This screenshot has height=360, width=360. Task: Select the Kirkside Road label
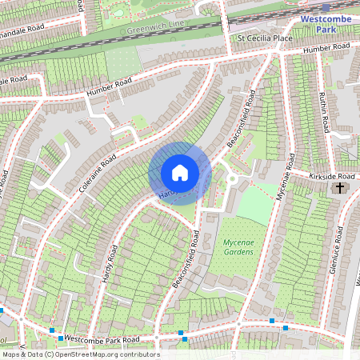click(331, 174)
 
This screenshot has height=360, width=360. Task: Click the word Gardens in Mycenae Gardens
click(238, 252)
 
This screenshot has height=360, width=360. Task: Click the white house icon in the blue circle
click(180, 173)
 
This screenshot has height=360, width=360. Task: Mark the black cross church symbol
click(340, 188)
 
